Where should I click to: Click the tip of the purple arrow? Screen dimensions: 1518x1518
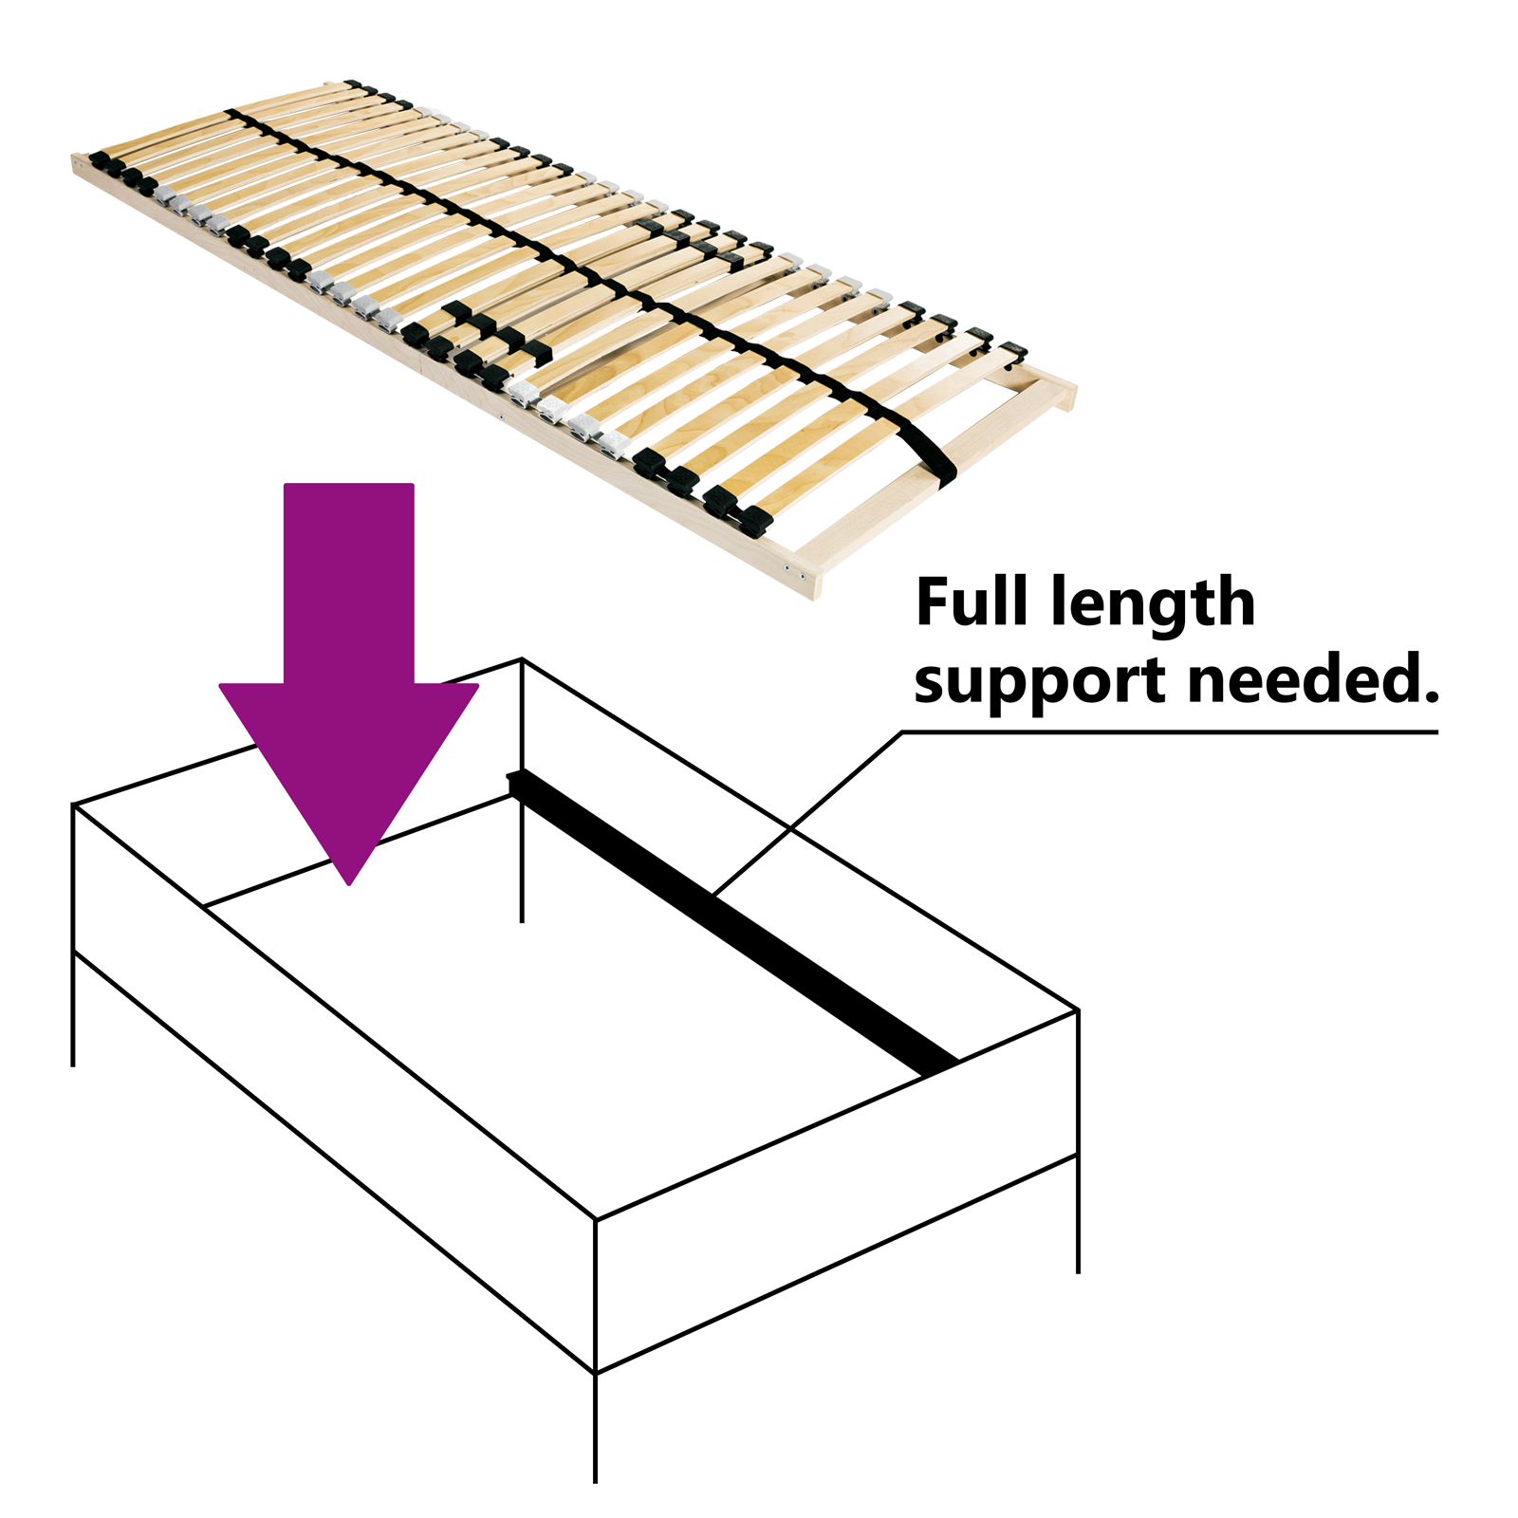350,884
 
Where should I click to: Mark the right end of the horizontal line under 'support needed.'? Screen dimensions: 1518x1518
1437,732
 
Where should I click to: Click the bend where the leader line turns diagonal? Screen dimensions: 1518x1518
901,732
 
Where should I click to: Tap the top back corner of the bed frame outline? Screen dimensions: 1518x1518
522,658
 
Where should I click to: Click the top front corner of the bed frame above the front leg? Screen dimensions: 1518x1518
595,1219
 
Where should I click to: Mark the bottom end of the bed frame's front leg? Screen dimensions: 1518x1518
595,1481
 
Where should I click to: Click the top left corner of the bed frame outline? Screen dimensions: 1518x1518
74,805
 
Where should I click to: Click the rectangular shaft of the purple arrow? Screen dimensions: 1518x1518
349,583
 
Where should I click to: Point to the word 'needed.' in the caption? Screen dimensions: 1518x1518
1313,678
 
